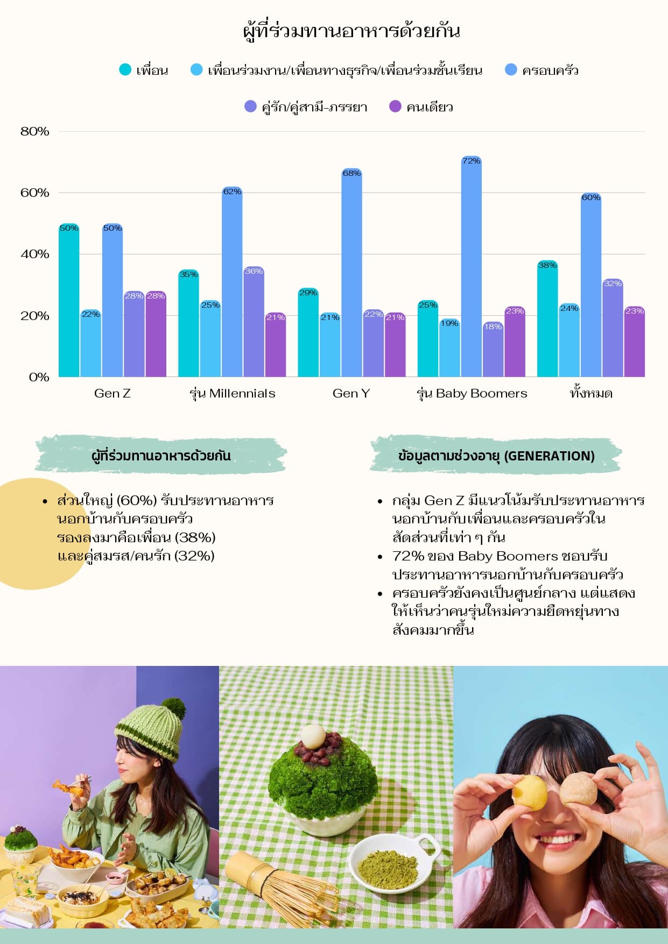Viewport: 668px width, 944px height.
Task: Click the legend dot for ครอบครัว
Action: point(511,70)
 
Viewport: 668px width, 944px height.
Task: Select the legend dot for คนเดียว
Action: point(395,107)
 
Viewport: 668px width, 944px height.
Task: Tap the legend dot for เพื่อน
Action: point(125,70)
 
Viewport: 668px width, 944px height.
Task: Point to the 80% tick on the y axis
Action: point(35,132)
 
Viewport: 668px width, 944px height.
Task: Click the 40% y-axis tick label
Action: point(35,254)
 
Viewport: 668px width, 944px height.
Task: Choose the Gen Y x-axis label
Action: point(351,393)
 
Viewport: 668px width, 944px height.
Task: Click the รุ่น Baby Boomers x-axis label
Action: point(472,393)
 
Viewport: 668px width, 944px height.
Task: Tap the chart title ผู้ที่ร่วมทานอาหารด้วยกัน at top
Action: point(351,31)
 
